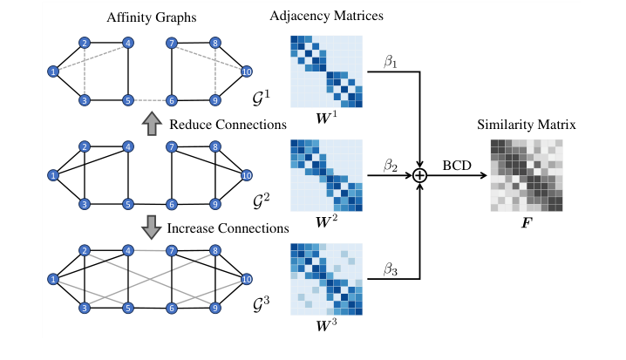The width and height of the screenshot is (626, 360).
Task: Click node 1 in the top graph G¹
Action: [53, 71]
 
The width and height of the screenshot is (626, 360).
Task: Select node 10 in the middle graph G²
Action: [247, 175]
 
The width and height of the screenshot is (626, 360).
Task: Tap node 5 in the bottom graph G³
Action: [127, 308]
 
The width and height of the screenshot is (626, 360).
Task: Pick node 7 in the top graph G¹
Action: [172, 42]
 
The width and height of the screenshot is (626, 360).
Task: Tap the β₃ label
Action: [390, 269]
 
